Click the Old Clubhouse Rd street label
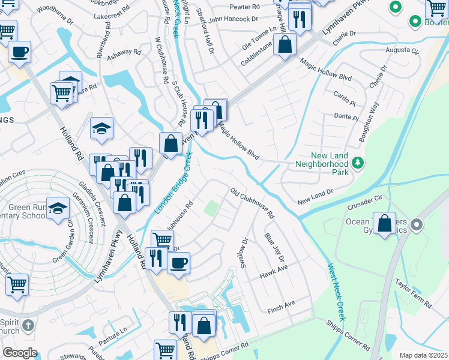click(252, 203)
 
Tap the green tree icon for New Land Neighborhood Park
click(358, 163)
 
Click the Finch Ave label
click(282, 305)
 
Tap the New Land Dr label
click(315, 194)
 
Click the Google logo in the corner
click(19, 353)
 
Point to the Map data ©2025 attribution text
click(423, 355)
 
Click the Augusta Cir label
click(402, 50)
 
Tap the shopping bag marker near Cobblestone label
click(285, 44)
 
